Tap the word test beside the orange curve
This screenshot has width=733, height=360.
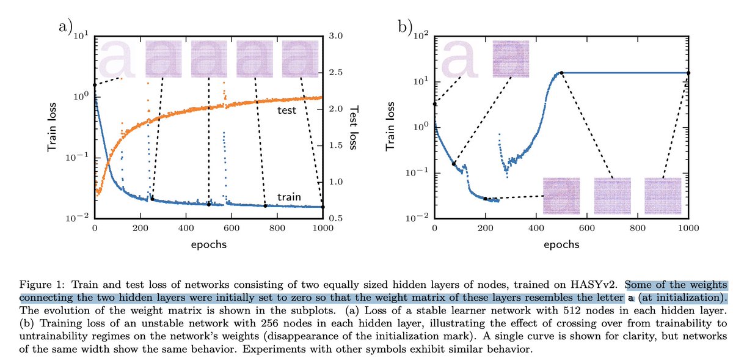pos(286,111)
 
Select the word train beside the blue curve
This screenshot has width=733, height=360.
pos(288,197)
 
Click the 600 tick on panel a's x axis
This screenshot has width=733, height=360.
pos(231,228)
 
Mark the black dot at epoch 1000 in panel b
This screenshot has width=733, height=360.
pos(688,73)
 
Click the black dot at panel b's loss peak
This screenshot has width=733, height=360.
pos(561,73)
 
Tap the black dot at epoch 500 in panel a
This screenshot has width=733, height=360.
pos(208,204)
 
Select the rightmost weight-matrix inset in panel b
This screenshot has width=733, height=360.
pos(662,196)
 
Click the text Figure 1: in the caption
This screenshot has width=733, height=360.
pos(40,285)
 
